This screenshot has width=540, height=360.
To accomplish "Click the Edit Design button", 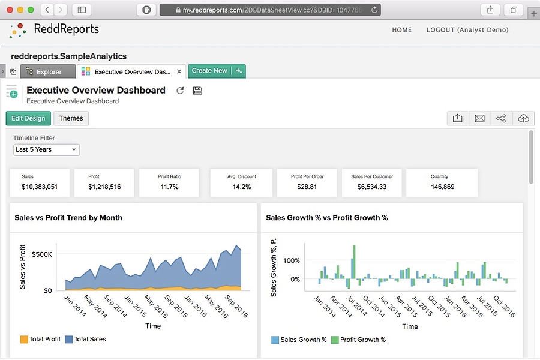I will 28,118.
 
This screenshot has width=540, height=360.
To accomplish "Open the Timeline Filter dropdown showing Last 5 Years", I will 47,149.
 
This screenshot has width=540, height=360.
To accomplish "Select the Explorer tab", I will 49,71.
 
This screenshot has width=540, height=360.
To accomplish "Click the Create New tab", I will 209,71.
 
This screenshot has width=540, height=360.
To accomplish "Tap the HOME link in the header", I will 401,29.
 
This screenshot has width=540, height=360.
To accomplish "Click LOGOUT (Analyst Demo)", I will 467,29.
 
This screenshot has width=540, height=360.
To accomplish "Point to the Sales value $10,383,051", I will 40,187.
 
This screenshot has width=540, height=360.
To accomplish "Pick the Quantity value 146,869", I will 442,187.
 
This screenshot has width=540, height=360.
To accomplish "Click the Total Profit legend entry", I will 41,339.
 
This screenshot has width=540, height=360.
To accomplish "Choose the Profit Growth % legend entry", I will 358,340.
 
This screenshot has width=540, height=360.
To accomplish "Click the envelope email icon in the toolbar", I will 479,118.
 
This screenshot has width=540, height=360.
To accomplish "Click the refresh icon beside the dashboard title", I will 180,91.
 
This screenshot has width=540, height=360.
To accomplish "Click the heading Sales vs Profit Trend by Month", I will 68,218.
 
